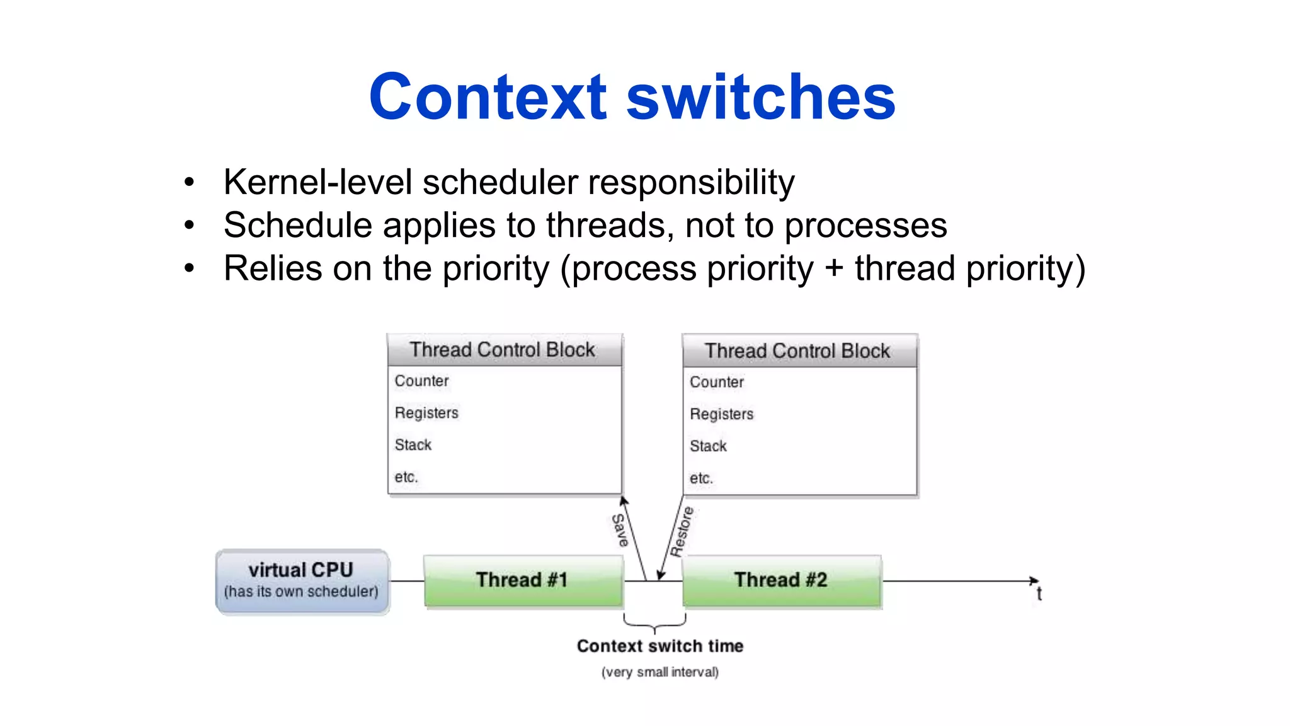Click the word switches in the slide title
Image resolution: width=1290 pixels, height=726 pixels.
(x=761, y=98)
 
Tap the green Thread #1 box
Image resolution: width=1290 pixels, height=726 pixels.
(x=522, y=580)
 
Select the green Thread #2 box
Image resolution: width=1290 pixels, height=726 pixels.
(x=781, y=580)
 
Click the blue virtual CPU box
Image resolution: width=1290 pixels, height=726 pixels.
(x=302, y=580)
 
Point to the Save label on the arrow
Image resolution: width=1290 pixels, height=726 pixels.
(x=620, y=530)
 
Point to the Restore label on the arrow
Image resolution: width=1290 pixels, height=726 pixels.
(x=682, y=531)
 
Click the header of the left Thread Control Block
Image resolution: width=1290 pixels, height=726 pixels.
(x=503, y=350)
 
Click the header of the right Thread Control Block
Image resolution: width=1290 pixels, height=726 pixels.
(x=798, y=351)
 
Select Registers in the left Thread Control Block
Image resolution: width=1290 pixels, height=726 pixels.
(x=426, y=413)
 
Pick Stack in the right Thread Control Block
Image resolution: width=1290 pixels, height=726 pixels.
(x=708, y=446)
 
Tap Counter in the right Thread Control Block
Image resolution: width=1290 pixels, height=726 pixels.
(x=717, y=383)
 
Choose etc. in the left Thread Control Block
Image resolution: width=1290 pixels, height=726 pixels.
(x=406, y=477)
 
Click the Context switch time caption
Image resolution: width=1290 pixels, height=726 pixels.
(x=660, y=646)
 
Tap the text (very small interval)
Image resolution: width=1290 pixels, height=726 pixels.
(x=660, y=672)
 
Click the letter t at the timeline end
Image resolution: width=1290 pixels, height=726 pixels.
(x=1039, y=594)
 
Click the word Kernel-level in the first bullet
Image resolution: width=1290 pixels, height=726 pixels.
(x=317, y=183)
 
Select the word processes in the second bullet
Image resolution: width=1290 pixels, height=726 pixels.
(x=865, y=226)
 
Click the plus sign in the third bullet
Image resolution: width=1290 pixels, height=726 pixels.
(x=834, y=268)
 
